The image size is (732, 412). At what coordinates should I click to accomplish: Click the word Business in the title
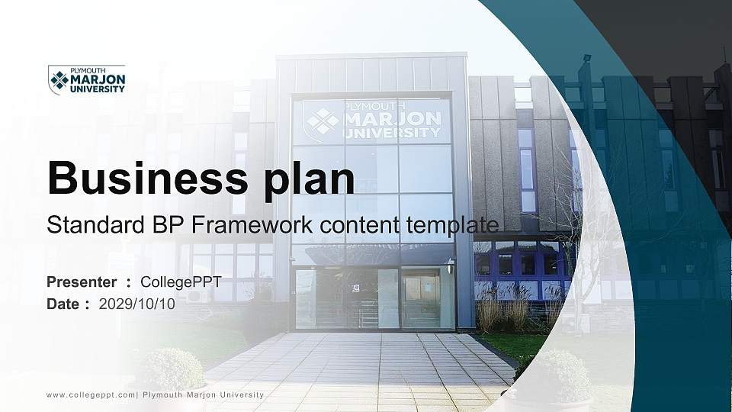147,178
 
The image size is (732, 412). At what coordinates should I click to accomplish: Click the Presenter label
82,282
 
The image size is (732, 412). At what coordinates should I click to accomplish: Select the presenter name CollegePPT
181,282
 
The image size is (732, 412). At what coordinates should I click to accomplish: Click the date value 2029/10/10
136,304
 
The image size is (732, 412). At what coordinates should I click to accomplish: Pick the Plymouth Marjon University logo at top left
87,79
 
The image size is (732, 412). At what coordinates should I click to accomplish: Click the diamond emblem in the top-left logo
59,80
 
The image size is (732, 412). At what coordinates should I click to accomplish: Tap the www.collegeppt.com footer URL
91,395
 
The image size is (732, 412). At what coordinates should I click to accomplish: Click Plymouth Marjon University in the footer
203,395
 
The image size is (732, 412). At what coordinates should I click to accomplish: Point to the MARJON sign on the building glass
392,119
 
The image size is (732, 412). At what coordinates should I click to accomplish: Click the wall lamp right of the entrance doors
450,266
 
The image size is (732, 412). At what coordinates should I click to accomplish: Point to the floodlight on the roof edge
586,60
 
